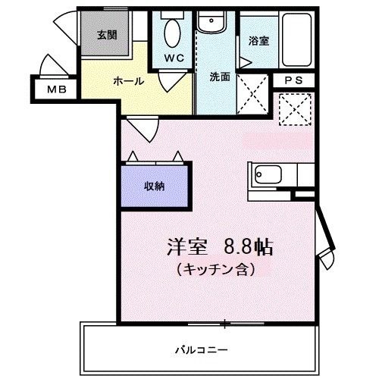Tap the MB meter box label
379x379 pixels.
(x=57, y=90)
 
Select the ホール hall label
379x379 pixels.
(x=128, y=80)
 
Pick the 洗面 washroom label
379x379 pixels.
(x=220, y=76)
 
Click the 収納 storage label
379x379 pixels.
(x=155, y=185)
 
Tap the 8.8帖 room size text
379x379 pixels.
(x=248, y=248)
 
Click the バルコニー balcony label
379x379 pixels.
(x=199, y=349)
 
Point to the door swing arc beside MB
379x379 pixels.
(x=51, y=67)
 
